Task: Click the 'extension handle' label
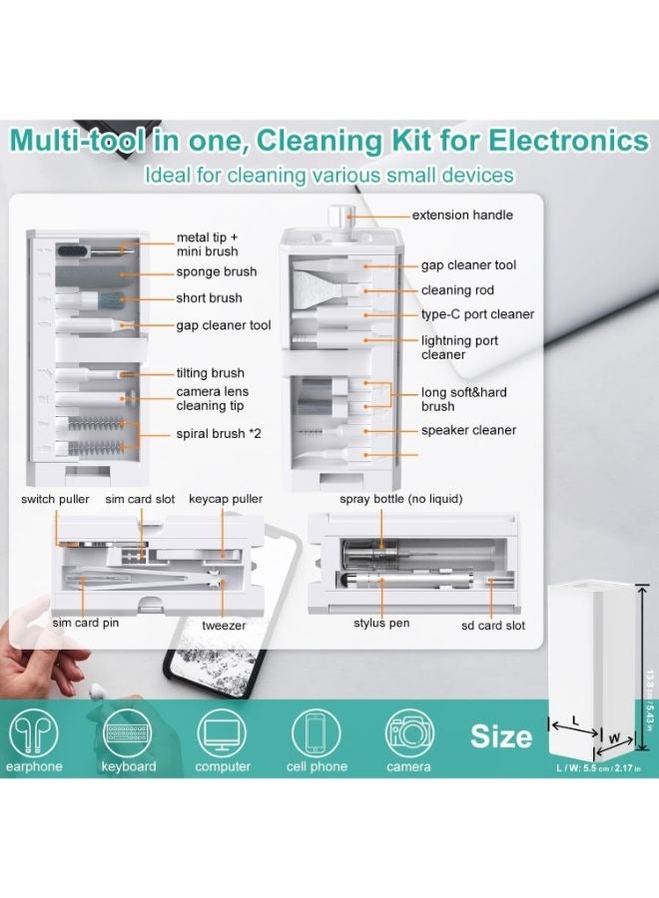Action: click(x=462, y=215)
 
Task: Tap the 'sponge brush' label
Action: click(x=217, y=271)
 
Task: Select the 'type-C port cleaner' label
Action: click(x=477, y=314)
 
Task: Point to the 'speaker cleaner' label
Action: click(x=468, y=430)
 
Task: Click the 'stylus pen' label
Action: click(x=381, y=624)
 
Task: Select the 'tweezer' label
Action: click(x=223, y=626)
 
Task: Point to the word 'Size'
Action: click(x=501, y=737)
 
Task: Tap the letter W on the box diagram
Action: click(x=614, y=739)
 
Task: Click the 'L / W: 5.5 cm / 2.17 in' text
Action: click(x=598, y=767)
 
